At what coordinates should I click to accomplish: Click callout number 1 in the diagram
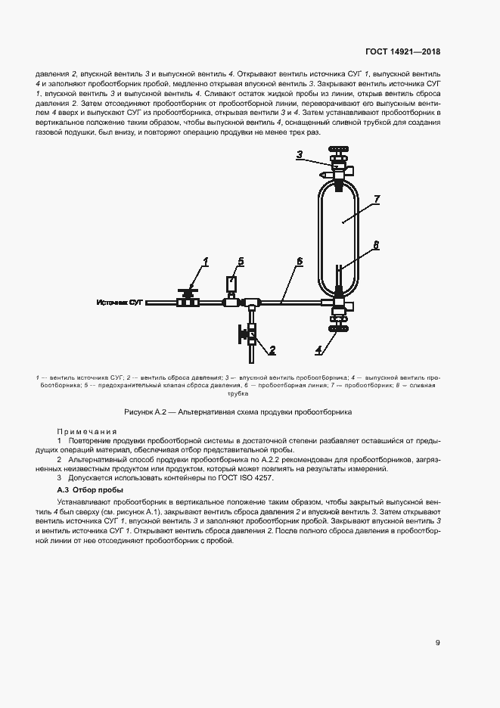tap(205, 262)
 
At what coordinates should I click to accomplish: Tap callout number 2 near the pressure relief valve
tap(272, 349)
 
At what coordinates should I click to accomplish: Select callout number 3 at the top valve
tap(299, 155)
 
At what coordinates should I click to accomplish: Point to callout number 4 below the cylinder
tap(318, 349)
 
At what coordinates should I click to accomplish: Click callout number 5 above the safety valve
tap(241, 262)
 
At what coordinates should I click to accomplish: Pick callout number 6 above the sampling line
tap(299, 261)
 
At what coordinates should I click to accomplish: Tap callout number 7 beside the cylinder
tap(377, 199)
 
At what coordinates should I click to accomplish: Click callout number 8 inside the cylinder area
tap(376, 245)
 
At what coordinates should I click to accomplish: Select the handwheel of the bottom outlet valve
tap(338, 328)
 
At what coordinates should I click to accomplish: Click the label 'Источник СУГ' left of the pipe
tap(120, 303)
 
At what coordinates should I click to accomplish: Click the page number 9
tap(438, 643)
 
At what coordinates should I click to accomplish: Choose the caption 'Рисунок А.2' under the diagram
tap(147, 412)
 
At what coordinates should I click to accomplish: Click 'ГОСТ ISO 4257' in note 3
tap(245, 479)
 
